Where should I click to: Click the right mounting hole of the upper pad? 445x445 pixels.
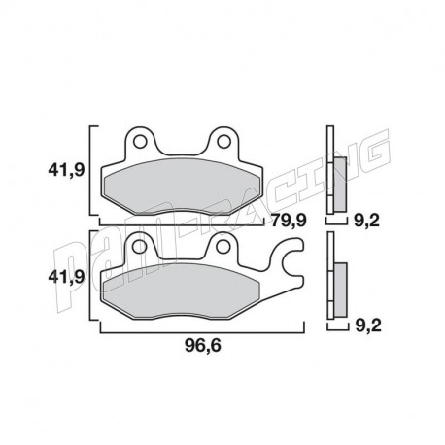[224, 143]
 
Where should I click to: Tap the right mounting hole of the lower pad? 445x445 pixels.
[224, 250]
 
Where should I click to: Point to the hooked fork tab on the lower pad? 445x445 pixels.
[291, 264]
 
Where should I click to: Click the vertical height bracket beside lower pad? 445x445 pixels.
[93, 276]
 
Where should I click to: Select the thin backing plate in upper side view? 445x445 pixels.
[330, 170]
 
